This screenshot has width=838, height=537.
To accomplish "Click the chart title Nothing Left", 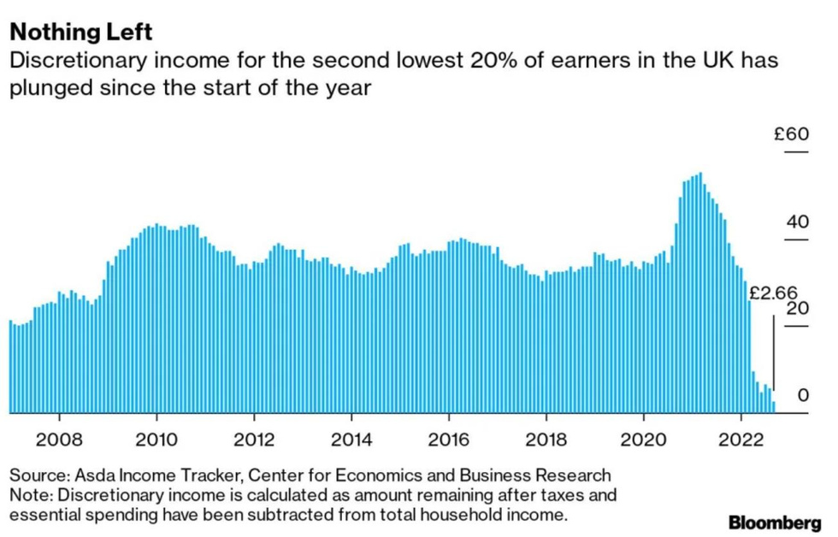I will coord(80,32).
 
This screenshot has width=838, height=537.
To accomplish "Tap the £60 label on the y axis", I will coord(791,134).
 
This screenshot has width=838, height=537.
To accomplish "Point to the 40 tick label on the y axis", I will coord(797,222).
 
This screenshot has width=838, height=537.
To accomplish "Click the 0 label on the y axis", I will coord(802,395).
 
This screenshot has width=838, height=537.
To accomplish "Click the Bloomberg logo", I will coord(775,521).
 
